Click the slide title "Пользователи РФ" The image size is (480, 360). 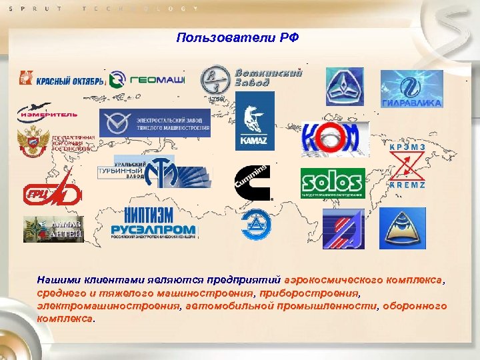coord(238,37)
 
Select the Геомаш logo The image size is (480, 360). coord(146,79)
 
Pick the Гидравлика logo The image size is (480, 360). coord(411,89)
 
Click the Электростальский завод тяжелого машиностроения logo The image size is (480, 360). coord(154,123)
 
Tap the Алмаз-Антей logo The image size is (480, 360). coord(53,229)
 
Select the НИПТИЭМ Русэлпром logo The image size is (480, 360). coord(153,224)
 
